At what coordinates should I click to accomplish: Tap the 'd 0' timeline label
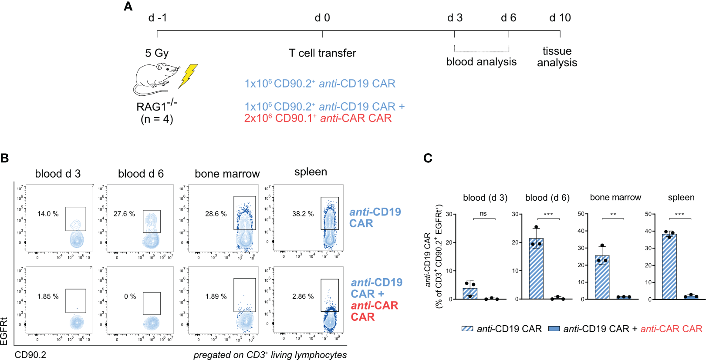pos(322,18)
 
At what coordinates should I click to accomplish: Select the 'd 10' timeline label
pos(560,18)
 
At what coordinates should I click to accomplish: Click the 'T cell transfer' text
pos(322,53)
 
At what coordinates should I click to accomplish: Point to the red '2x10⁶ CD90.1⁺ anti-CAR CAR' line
pos(318,118)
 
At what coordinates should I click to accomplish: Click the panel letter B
pos(5,158)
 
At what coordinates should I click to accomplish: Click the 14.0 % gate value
pos(48,214)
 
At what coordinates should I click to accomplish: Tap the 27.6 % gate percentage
pos(124,214)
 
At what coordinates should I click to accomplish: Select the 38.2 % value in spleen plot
pos(303,214)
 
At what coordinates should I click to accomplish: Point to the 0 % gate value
pos(130,296)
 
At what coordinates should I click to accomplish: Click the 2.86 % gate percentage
pos(303,296)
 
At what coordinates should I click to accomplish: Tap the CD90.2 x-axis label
pos(30,355)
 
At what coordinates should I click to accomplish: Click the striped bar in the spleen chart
pos(669,266)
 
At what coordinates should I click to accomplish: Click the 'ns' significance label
pos(483,213)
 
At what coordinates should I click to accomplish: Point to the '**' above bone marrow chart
pos(613,214)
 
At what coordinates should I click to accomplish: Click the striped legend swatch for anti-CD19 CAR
pos(467,329)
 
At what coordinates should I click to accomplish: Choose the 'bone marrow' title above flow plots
pos(227,174)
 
